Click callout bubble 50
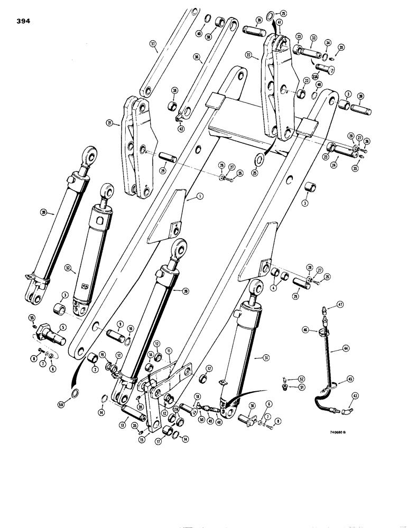pos(201,419)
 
